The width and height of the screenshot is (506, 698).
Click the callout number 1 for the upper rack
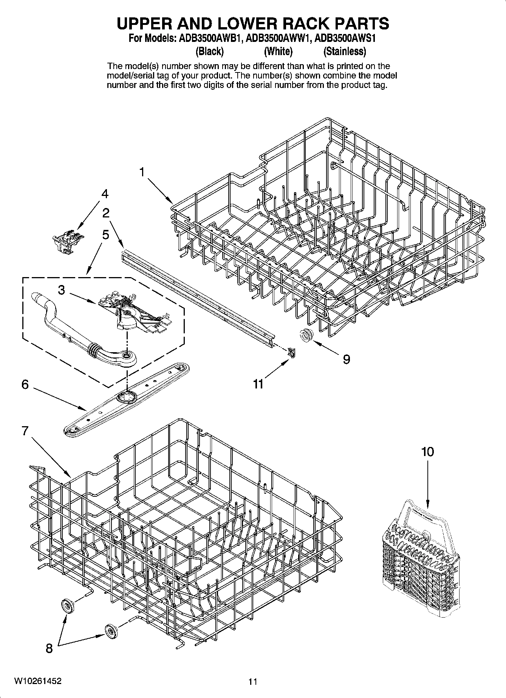pos(142,173)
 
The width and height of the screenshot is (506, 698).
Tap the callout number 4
pos(105,194)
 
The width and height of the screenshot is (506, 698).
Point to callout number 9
pos(346,359)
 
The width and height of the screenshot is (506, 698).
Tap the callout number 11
pos(258,384)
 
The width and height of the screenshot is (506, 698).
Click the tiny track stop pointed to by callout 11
pos(291,353)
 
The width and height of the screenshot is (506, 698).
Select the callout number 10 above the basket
pos(427,452)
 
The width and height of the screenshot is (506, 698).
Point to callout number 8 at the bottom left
pos(49,649)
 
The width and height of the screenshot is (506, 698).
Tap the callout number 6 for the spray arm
pos(25,385)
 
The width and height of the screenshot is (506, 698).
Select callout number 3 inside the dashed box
pos(61,290)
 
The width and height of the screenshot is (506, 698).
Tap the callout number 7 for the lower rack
pos(25,431)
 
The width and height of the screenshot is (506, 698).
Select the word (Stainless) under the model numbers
pos(344,51)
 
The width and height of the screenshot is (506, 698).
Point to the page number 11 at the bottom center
pos(253,682)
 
